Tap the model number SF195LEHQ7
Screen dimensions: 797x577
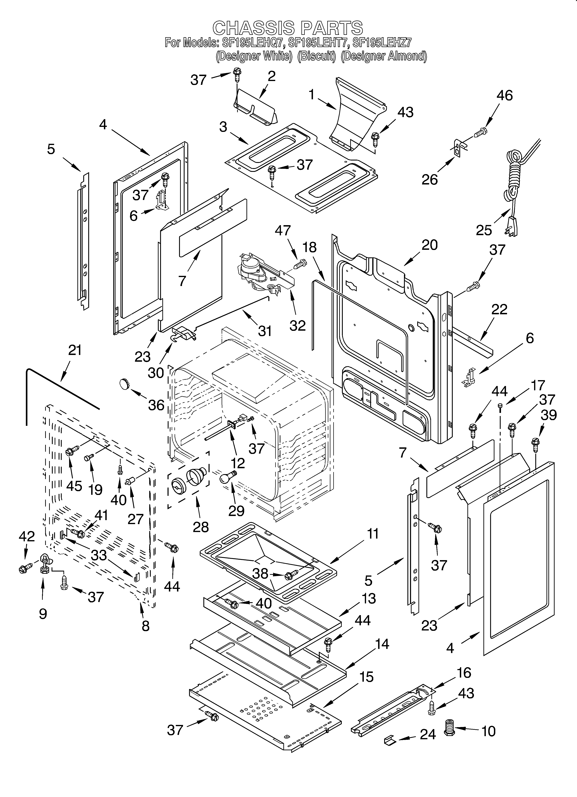coord(252,43)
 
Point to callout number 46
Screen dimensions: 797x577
coord(505,96)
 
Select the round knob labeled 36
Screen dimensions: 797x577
coord(124,383)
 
